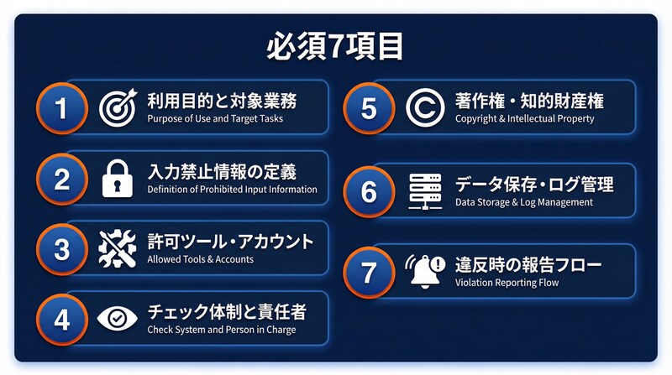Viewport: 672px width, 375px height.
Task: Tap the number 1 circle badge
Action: [61, 107]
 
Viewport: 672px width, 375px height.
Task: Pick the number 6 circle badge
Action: [369, 190]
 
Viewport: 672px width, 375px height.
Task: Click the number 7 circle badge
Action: [369, 271]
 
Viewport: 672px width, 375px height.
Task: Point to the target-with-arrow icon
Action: [118, 107]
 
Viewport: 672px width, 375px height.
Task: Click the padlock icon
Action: [118, 177]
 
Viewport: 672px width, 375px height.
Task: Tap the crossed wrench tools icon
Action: [118, 247]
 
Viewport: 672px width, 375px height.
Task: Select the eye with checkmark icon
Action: [118, 318]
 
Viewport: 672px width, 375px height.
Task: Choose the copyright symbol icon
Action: [425, 107]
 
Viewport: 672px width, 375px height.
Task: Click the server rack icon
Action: [425, 190]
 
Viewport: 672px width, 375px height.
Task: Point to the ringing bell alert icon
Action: [425, 271]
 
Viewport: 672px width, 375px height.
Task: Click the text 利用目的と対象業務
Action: [222, 101]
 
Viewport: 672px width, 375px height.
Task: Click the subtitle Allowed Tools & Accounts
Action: [200, 260]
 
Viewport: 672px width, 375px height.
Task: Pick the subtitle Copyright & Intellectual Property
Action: [524, 119]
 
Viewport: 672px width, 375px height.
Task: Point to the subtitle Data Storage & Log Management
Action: [524, 202]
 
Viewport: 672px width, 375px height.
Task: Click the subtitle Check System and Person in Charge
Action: [222, 330]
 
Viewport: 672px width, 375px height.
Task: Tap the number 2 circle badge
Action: [61, 177]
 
